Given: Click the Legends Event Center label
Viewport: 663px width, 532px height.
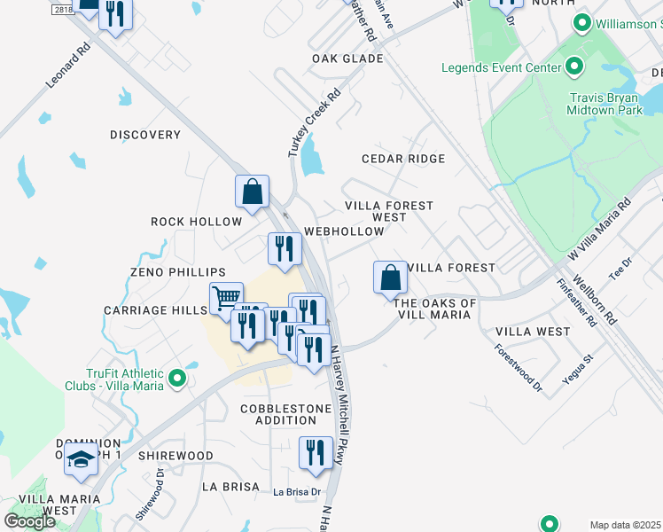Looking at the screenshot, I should [x=502, y=68].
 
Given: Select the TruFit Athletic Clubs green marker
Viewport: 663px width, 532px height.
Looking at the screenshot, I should [x=177, y=379].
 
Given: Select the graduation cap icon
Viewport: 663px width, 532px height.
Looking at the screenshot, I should [x=81, y=461].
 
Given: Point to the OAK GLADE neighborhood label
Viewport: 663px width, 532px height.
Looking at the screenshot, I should [x=347, y=59].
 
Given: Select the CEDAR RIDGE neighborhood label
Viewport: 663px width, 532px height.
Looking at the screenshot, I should [x=402, y=159].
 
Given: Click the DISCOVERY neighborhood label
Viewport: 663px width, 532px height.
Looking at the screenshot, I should [x=145, y=135].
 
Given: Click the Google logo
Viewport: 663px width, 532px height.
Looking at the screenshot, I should [x=29, y=521].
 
